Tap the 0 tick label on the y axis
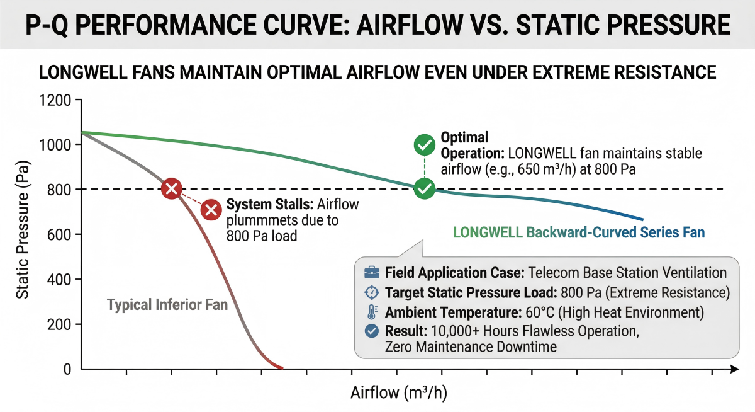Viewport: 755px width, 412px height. [67, 369]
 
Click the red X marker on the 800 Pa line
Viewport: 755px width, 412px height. [172, 188]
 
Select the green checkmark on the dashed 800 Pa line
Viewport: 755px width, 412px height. [425, 188]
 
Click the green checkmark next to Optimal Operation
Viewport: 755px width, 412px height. [425, 146]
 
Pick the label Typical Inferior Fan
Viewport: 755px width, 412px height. [167, 305]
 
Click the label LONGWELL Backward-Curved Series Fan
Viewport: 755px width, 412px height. [579, 232]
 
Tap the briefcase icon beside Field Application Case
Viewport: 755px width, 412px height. [372, 273]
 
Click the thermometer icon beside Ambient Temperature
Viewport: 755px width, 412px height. [372, 312]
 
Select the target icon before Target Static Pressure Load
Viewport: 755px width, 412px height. [372, 293]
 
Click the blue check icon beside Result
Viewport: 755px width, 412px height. [372, 331]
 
